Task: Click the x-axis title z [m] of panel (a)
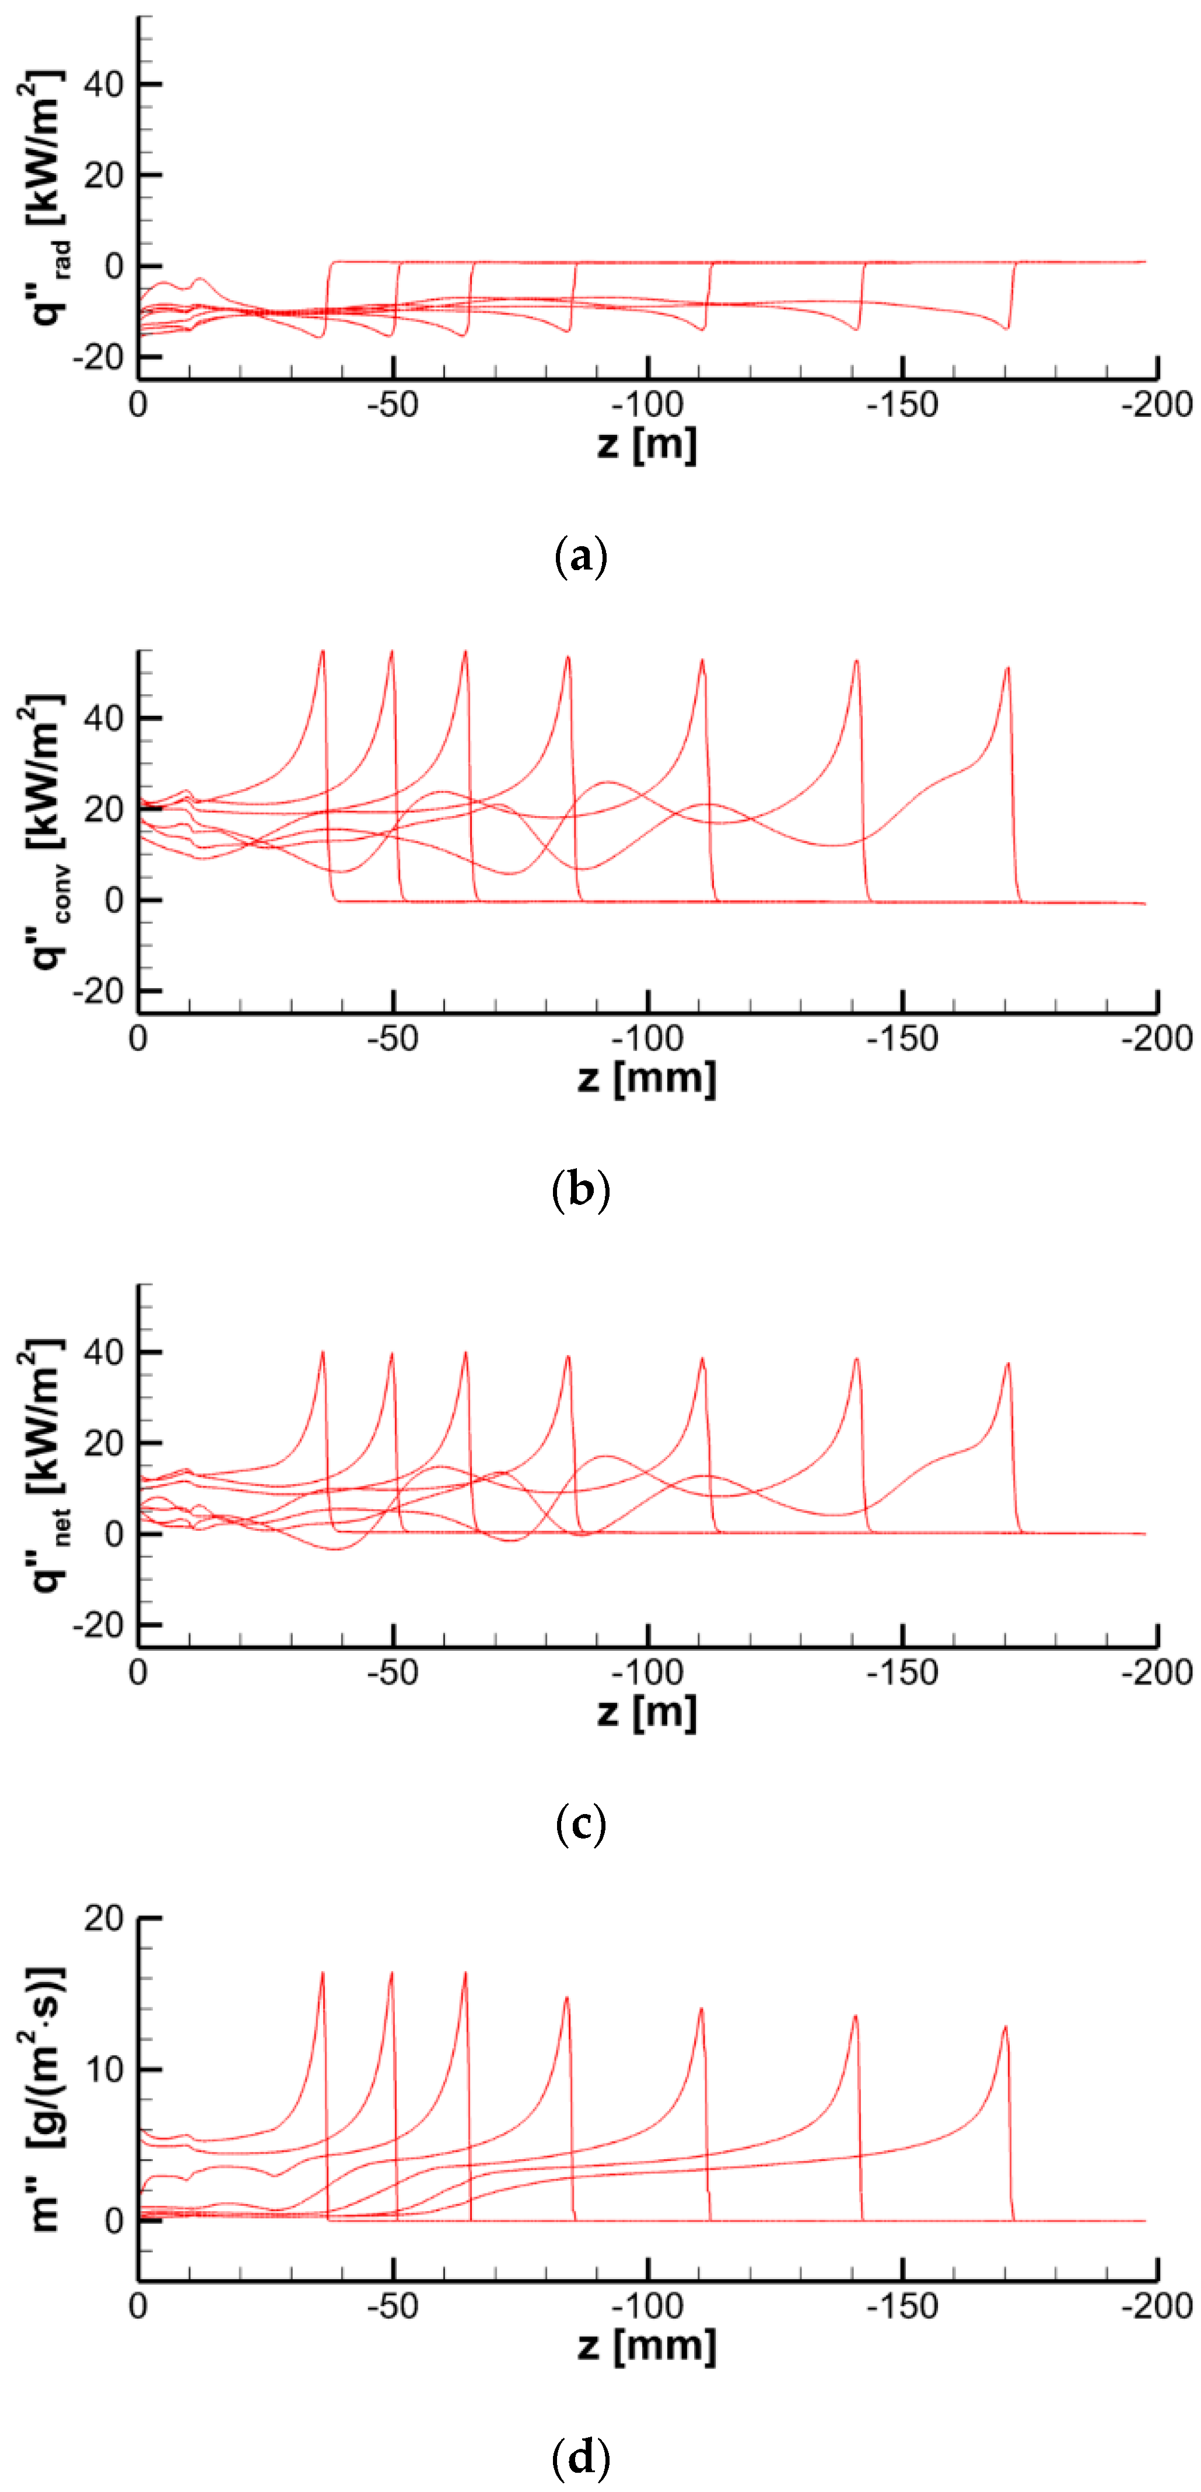(646, 444)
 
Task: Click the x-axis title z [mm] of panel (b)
(646, 1078)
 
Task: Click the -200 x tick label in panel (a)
(1157, 405)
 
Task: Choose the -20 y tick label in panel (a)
(97, 357)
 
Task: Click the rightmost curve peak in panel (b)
(1007, 667)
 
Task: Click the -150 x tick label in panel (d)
(902, 2306)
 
